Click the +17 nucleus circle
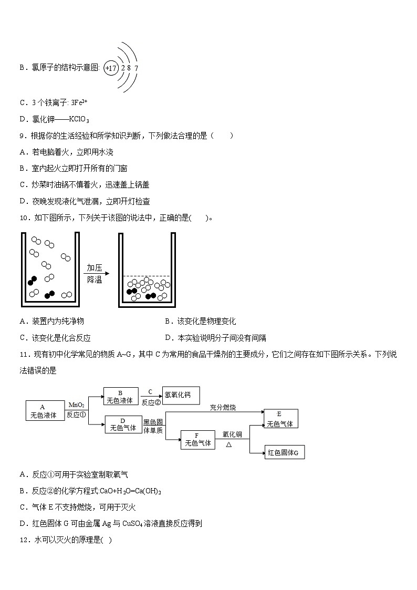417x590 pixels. tap(111, 68)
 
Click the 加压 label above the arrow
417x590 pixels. tap(95, 267)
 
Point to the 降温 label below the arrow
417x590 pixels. tap(95, 280)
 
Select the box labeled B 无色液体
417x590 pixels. tap(121, 396)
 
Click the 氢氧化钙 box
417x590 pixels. tap(181, 395)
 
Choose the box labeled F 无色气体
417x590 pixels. tap(197, 439)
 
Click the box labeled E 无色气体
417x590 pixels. tap(280, 418)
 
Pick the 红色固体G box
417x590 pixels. tap(284, 452)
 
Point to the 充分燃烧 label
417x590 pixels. tap(223, 407)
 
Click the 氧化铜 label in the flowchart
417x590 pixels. tap(232, 434)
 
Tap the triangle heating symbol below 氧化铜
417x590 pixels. tap(229, 444)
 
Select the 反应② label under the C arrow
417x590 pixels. tap(151, 402)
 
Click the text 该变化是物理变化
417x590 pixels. tap(206, 321)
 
